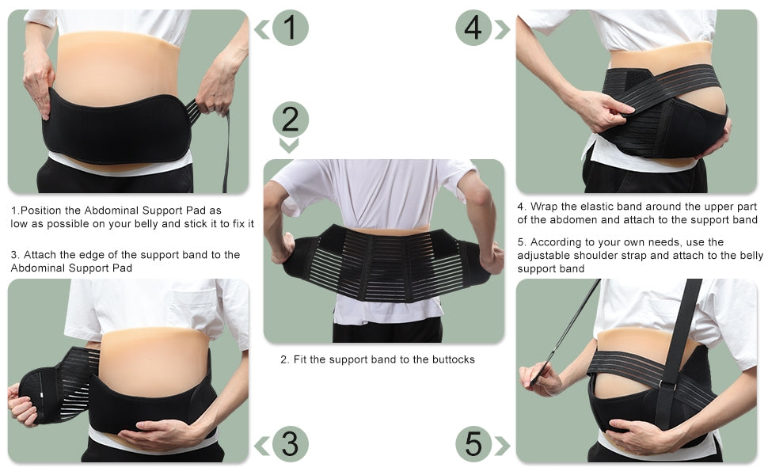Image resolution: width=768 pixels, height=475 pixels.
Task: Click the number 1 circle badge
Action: point(290,28)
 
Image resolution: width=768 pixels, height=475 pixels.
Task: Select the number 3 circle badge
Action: point(290,444)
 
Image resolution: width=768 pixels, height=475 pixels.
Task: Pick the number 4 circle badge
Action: point(473,28)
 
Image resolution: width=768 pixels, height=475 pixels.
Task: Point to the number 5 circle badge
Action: point(473,444)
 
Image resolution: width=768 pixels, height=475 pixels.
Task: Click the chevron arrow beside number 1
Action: point(261,29)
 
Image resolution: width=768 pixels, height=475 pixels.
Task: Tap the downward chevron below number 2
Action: point(289,146)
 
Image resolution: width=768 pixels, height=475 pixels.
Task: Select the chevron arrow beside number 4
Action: point(502,29)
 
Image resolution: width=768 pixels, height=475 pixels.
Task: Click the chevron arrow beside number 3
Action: point(261,446)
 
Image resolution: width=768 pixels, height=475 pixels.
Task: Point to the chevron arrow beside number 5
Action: point(502,446)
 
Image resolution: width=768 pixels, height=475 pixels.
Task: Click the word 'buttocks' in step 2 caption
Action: point(453,359)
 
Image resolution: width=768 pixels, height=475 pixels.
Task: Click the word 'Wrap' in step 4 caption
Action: point(544,207)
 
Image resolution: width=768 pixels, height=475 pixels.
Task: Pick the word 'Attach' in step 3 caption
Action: point(40,255)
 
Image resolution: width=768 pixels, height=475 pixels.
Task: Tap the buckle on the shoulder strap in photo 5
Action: point(667,386)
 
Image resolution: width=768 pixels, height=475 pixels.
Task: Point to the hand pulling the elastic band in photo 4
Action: point(603,110)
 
